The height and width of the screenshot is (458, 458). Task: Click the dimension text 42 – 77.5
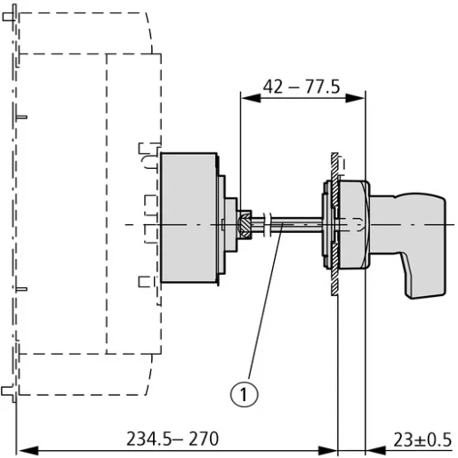tap(301, 87)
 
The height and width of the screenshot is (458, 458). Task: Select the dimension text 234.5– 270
tap(173, 439)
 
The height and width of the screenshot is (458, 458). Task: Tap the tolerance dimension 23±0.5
tap(422, 439)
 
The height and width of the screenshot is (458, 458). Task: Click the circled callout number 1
tap(244, 394)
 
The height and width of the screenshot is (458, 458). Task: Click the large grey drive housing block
tap(189, 218)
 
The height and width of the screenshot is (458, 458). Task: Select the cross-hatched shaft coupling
tap(245, 224)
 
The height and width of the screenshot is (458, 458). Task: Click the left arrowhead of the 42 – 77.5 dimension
tap(251, 98)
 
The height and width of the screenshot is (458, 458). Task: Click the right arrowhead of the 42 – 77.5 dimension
tap(355, 98)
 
